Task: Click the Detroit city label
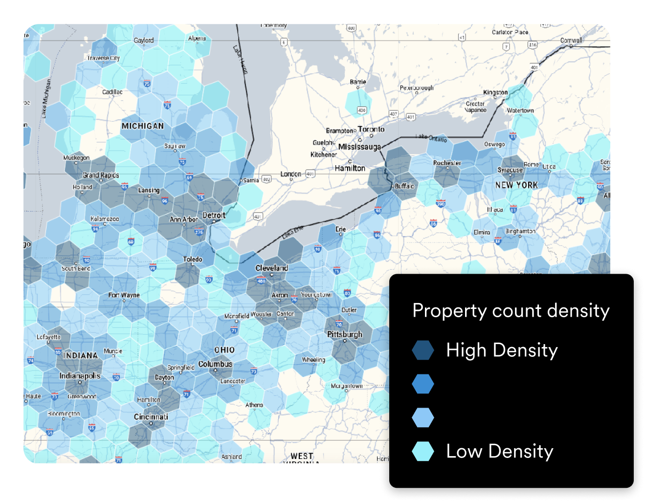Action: (214, 216)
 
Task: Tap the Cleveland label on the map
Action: (271, 268)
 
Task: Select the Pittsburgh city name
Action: (345, 334)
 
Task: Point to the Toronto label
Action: (371, 130)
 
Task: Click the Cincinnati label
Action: (151, 417)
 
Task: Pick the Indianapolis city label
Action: (80, 376)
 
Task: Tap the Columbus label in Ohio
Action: (215, 364)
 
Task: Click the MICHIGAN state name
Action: (143, 126)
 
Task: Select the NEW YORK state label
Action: (516, 185)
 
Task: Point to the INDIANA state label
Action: (81, 355)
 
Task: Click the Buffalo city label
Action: (404, 186)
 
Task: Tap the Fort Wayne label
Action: (124, 295)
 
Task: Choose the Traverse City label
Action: (103, 58)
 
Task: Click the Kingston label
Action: (495, 92)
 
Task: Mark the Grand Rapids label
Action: (101, 175)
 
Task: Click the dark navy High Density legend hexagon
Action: (423, 350)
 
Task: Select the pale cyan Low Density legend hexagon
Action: (423, 451)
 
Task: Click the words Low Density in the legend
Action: (499, 451)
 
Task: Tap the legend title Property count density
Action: (511, 311)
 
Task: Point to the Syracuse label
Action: (510, 170)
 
